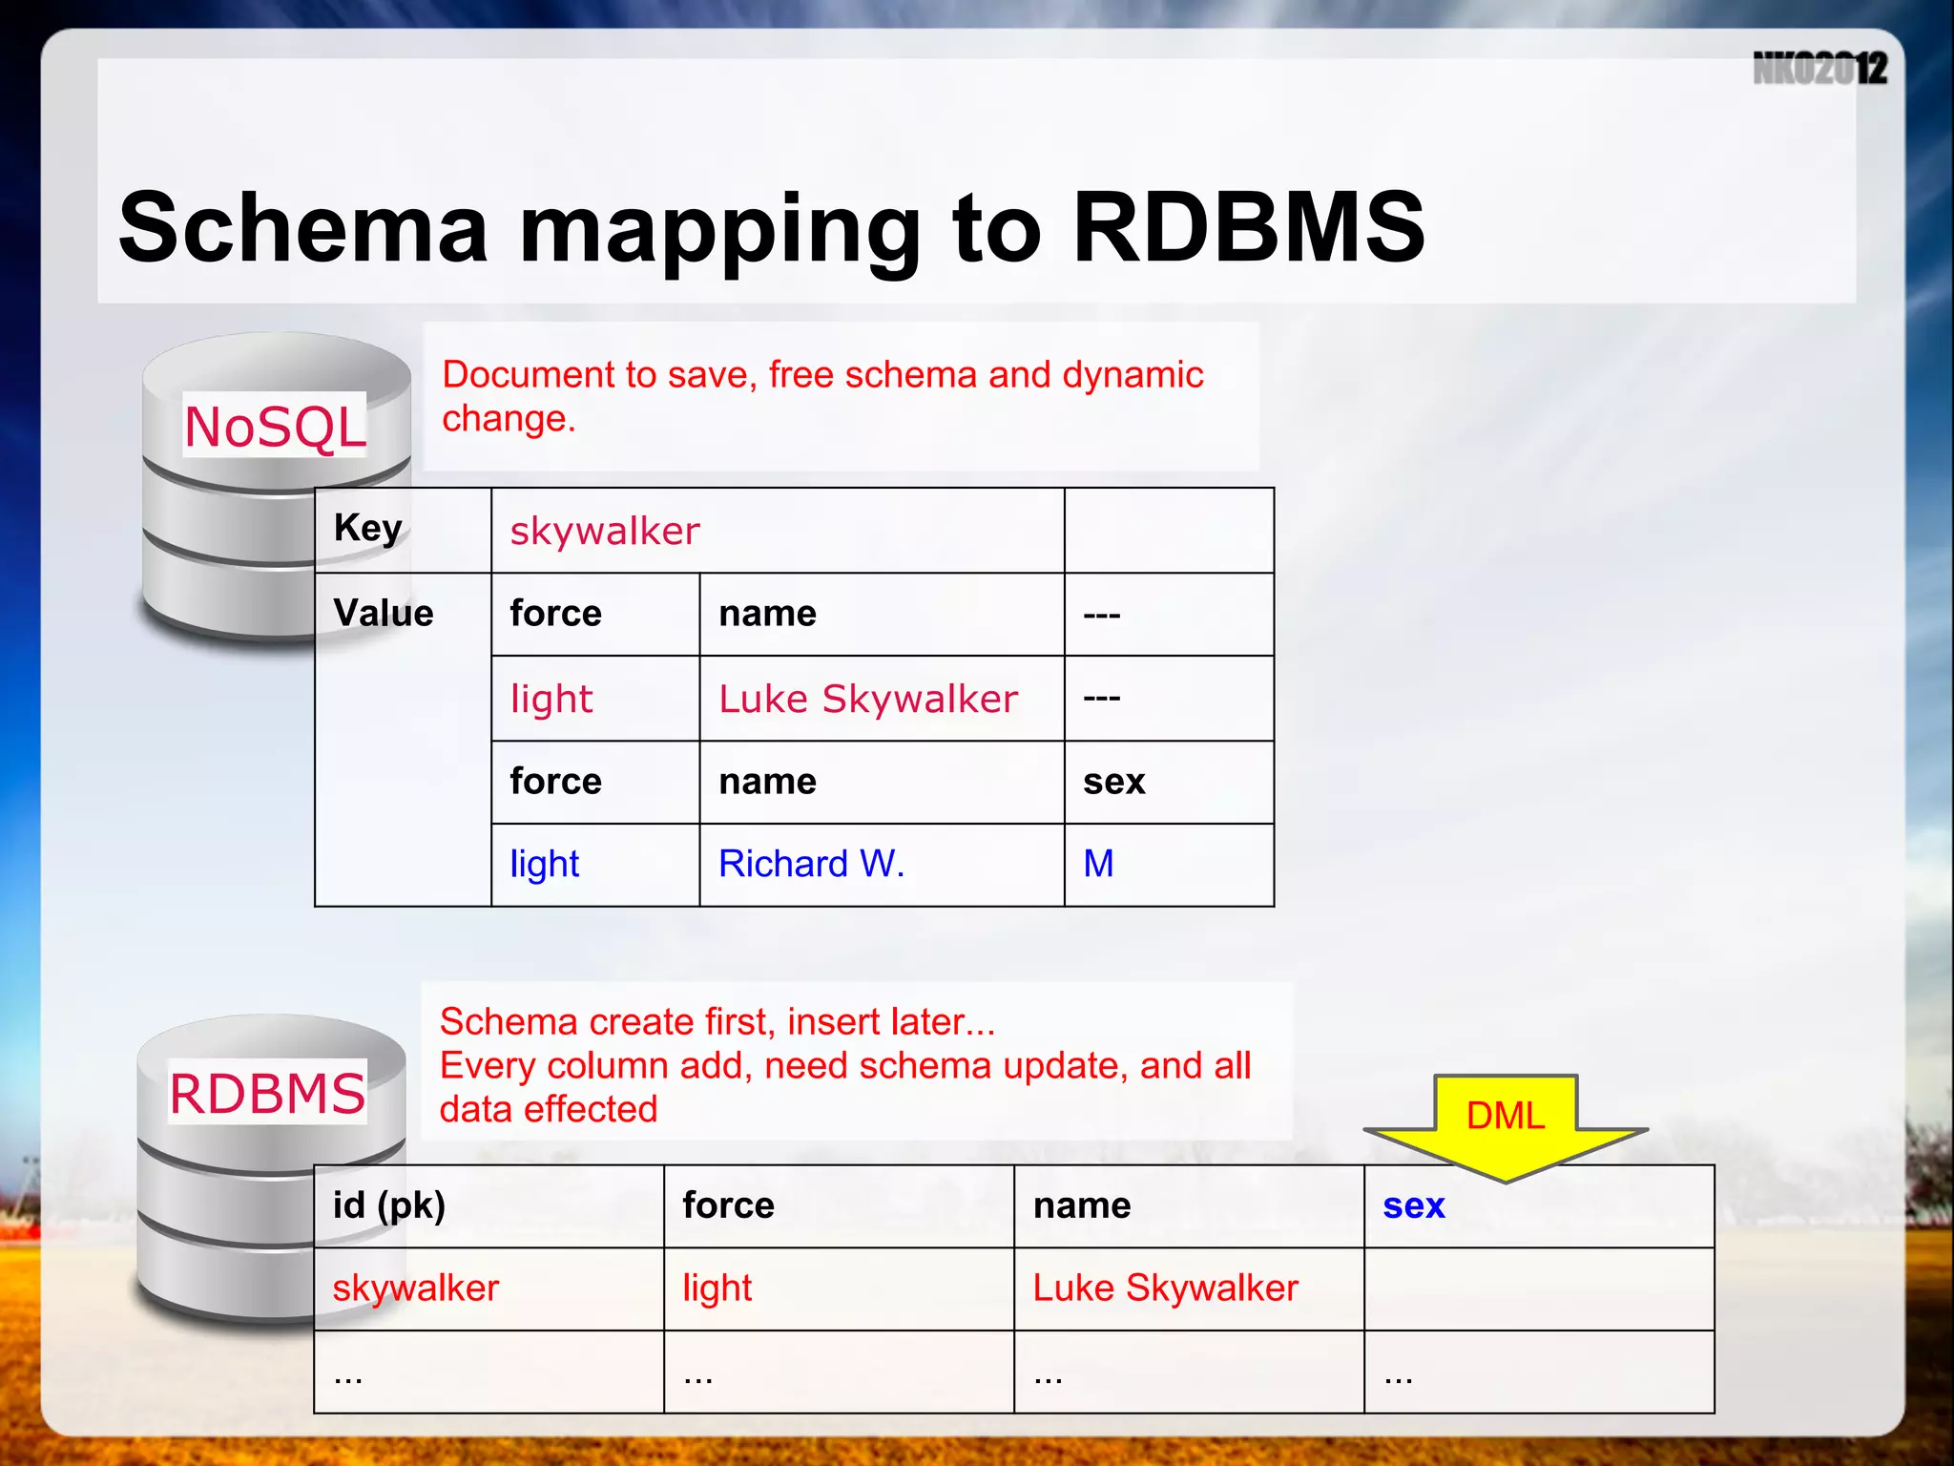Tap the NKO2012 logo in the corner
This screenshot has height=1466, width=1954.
click(1819, 69)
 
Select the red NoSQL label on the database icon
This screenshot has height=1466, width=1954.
click(275, 426)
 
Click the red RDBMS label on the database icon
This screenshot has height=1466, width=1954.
click(267, 1093)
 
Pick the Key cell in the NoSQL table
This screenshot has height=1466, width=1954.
click(367, 528)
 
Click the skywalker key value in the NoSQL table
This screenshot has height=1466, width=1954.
click(605, 532)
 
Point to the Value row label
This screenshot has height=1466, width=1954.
click(383, 613)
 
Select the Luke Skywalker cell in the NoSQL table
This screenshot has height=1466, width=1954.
click(868, 699)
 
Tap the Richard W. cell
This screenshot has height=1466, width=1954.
click(811, 864)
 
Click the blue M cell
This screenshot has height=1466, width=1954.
click(1098, 864)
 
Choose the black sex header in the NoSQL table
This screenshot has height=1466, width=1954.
click(1113, 782)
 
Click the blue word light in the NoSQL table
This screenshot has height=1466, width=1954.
click(544, 864)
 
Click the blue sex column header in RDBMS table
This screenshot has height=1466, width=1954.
click(1414, 1205)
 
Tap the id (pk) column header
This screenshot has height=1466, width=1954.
click(389, 1205)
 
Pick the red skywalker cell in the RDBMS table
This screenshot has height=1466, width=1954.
click(415, 1288)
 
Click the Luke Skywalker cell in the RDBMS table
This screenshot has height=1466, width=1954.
click(1165, 1288)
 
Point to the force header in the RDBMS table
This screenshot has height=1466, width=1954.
click(728, 1205)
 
